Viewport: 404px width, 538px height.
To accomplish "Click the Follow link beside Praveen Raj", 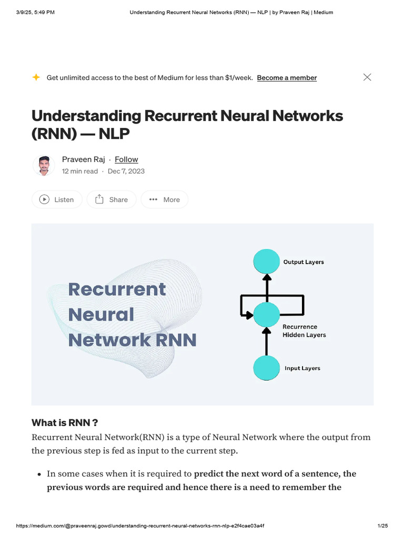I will click(126, 159).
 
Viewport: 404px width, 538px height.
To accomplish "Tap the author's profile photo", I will click(44, 165).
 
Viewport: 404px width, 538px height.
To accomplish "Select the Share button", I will click(112, 200).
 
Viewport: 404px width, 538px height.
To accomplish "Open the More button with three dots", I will click(165, 200).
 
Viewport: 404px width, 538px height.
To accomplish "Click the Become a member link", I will click(287, 78).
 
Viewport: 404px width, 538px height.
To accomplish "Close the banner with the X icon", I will click(367, 77).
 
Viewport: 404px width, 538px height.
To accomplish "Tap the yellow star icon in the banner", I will click(36, 77).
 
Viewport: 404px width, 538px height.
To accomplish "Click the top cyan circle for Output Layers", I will click(267, 262).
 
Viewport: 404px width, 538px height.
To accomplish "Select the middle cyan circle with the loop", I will click(267, 315).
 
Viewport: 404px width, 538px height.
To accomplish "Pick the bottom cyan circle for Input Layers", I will click(267, 368).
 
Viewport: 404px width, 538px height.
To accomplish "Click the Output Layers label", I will click(304, 262).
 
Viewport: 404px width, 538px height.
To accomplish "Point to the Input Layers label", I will click(302, 368).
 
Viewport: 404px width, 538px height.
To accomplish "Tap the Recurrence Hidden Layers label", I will click(304, 330).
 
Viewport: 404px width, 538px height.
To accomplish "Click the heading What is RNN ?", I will click(65, 423).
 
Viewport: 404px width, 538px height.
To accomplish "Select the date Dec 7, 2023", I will click(126, 171).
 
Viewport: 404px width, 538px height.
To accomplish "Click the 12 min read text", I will click(80, 171).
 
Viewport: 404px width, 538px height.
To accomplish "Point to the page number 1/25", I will click(382, 526).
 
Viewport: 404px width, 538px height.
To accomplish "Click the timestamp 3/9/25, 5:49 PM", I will click(35, 12).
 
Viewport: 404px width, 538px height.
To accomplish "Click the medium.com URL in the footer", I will click(140, 526).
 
